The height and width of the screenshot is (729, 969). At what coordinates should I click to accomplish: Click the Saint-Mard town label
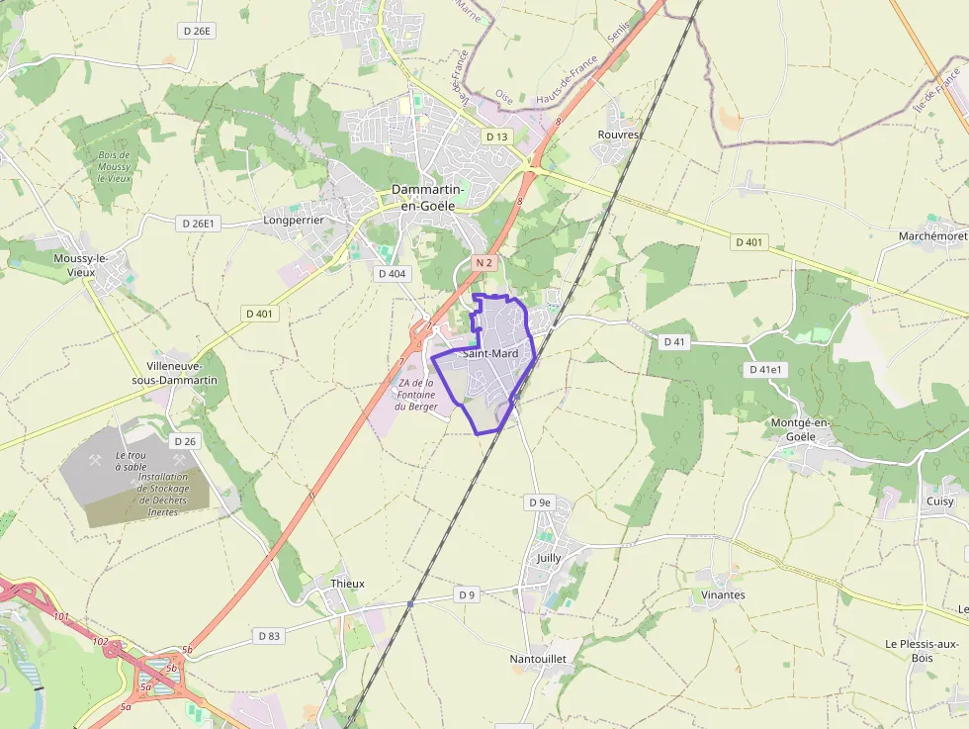pos(490,353)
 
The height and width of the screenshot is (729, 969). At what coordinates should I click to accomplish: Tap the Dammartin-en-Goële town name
pos(423,197)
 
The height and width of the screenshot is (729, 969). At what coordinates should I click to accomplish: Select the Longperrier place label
pos(294,220)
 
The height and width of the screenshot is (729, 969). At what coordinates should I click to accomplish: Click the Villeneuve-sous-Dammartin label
pos(174,372)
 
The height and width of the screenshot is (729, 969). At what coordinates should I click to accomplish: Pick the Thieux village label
pos(347,584)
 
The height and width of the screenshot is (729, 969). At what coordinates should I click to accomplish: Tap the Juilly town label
pos(549,558)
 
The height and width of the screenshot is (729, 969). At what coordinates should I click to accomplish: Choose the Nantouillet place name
pos(537,658)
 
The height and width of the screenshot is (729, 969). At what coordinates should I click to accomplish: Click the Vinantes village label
pos(723,595)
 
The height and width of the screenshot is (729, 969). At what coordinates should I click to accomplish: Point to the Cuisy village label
pos(940,501)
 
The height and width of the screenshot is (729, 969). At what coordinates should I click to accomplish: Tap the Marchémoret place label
pos(932,236)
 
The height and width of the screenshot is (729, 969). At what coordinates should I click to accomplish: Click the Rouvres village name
pos(619,135)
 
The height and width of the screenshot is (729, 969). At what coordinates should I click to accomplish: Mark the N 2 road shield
pos(483,263)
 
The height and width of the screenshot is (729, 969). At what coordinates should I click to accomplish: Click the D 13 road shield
pos(496,137)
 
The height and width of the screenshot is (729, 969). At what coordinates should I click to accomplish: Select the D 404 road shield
pos(392,273)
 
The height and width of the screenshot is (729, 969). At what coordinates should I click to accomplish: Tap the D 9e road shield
pos(539,502)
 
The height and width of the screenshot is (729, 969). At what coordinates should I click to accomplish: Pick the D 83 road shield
pos(268,635)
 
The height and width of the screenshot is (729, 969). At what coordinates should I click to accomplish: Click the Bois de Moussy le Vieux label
pos(115,166)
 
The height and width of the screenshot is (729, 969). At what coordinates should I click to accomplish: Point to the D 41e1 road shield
pos(765,370)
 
